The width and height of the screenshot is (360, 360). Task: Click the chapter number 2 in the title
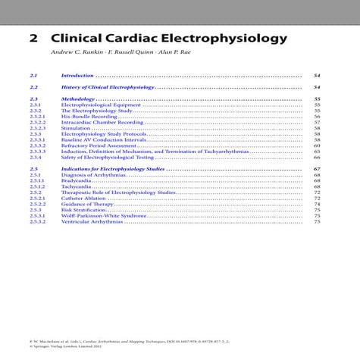33,37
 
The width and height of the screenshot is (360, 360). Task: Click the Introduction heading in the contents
77,76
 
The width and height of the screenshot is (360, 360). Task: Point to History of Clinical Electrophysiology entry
107,88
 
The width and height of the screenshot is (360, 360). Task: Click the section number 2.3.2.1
37,116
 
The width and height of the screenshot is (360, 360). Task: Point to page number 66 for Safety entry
317,157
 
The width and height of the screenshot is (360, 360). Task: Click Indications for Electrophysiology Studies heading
112,168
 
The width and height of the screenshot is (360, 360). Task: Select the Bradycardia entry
77,180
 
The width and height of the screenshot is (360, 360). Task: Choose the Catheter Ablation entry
83,198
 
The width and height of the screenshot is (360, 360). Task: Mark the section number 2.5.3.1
37,215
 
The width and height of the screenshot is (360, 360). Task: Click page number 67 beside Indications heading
317,168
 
